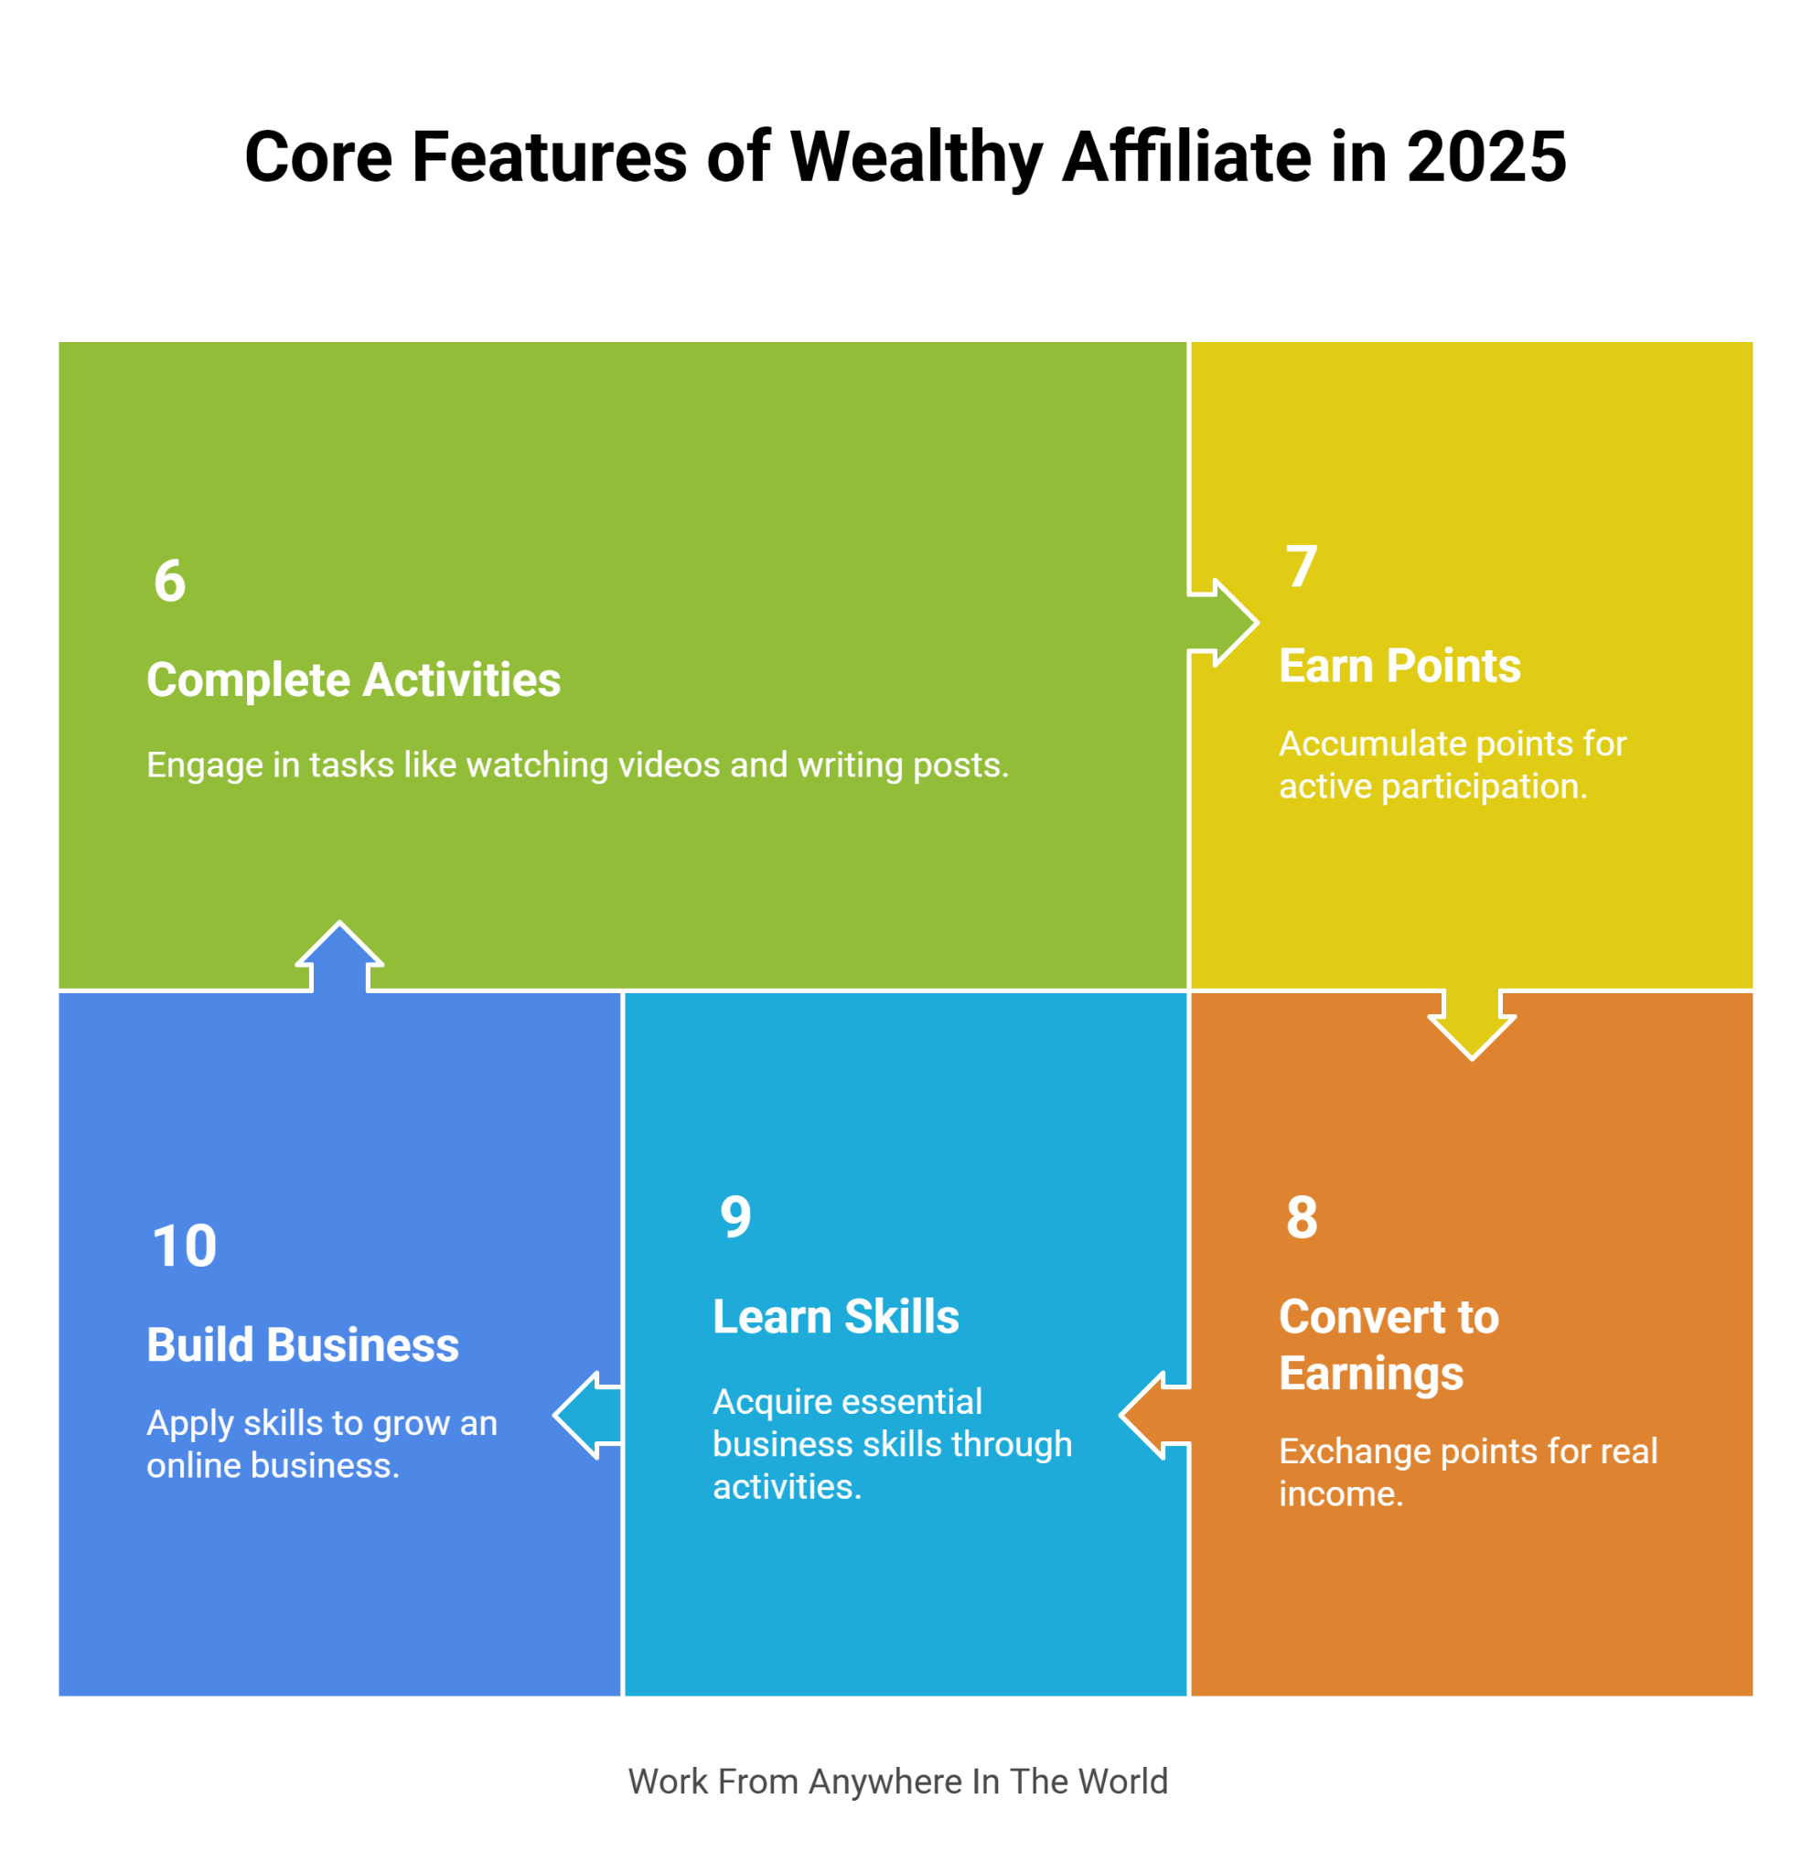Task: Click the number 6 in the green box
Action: pos(170,581)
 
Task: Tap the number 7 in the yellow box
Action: pos(1302,567)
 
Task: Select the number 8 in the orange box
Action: pos(1302,1217)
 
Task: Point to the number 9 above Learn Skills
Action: pos(736,1217)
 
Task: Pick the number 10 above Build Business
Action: pos(185,1247)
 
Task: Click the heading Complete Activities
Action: pos(354,680)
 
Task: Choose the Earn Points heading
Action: pos(1400,666)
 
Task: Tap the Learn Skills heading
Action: pos(836,1317)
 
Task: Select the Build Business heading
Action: pos(303,1345)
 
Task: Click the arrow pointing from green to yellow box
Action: pos(1223,623)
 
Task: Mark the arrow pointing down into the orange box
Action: pos(1472,1025)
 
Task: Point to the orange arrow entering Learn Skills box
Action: pos(1154,1415)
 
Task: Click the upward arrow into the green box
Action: pos(339,957)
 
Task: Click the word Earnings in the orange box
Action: pos(1371,1375)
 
